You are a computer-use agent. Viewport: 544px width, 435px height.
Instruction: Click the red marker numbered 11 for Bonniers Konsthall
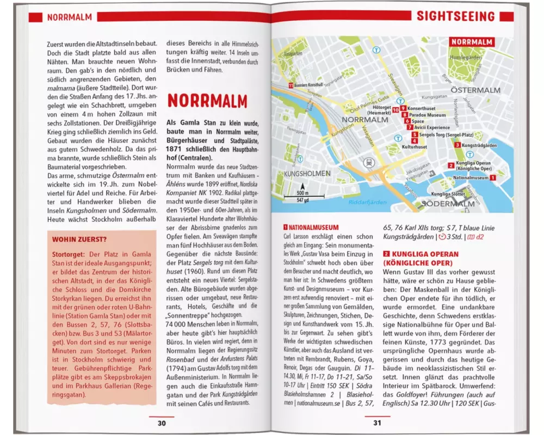click(291, 85)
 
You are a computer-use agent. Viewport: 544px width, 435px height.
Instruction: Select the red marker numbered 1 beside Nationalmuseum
click(492, 177)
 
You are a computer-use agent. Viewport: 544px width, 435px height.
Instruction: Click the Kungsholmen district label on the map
click(306, 173)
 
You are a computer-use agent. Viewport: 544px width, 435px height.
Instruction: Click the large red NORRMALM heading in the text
click(207, 101)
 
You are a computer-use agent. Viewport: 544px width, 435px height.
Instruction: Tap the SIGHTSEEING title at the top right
click(456, 16)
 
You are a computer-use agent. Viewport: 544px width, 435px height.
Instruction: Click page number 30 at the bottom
click(162, 423)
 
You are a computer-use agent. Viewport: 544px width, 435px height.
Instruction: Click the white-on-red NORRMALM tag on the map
click(472, 42)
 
